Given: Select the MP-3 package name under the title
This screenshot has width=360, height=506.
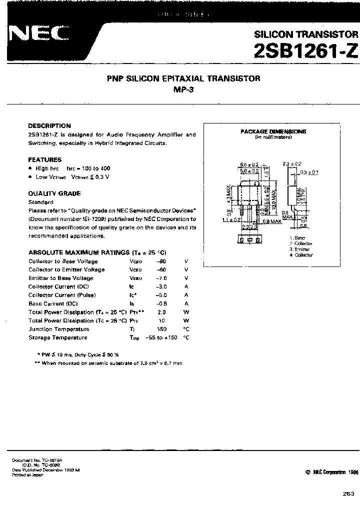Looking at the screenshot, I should click(x=184, y=90).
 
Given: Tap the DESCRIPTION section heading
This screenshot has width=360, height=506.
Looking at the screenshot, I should click(x=49, y=126).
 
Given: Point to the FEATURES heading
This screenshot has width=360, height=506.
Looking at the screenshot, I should click(x=45, y=159).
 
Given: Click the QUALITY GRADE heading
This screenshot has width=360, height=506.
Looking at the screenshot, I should click(x=54, y=193).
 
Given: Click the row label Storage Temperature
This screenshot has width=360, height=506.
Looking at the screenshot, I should click(x=58, y=337).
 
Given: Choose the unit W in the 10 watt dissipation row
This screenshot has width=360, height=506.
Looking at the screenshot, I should click(x=186, y=320).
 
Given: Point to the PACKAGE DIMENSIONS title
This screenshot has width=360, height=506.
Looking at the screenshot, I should click(x=273, y=131).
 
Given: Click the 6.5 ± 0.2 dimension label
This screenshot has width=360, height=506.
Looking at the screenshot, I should click(x=248, y=164).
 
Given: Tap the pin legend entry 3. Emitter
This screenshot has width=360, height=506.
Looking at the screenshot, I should click(x=299, y=249).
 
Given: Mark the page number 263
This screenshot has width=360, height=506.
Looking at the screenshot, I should click(x=348, y=493).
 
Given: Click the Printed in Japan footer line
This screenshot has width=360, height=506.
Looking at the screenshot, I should click(x=27, y=474).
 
